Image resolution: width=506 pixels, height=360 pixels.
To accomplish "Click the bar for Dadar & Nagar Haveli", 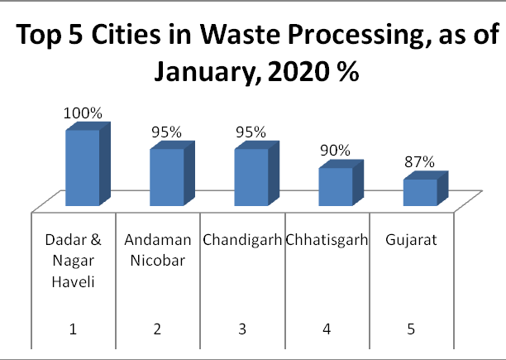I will (82, 168).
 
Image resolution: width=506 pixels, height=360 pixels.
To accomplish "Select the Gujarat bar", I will (419, 192).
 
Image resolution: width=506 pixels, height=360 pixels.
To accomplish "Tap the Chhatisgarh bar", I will (335, 186).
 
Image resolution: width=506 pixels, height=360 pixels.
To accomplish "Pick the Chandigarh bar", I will (251, 177).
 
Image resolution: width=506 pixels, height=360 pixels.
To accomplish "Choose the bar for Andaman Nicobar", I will (166, 177).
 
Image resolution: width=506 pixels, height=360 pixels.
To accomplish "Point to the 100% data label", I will (83, 114).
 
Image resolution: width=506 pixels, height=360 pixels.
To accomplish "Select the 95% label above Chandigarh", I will (251, 132).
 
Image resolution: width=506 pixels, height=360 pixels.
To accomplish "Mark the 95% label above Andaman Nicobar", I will (166, 132).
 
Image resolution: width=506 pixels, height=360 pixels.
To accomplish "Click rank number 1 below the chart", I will (73, 329).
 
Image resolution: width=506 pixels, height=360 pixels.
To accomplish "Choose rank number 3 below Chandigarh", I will (241, 329).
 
